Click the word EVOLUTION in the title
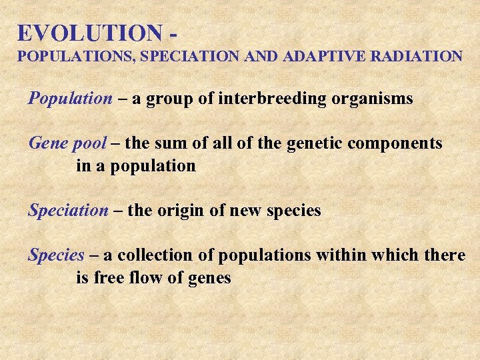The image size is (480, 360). [x=89, y=33]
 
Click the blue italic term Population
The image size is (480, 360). [x=70, y=99]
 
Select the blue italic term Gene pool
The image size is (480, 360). [x=67, y=143]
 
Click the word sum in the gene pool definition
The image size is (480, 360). [x=168, y=143]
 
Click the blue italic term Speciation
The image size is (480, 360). [x=67, y=211]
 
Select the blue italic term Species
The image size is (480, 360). [x=56, y=255]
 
